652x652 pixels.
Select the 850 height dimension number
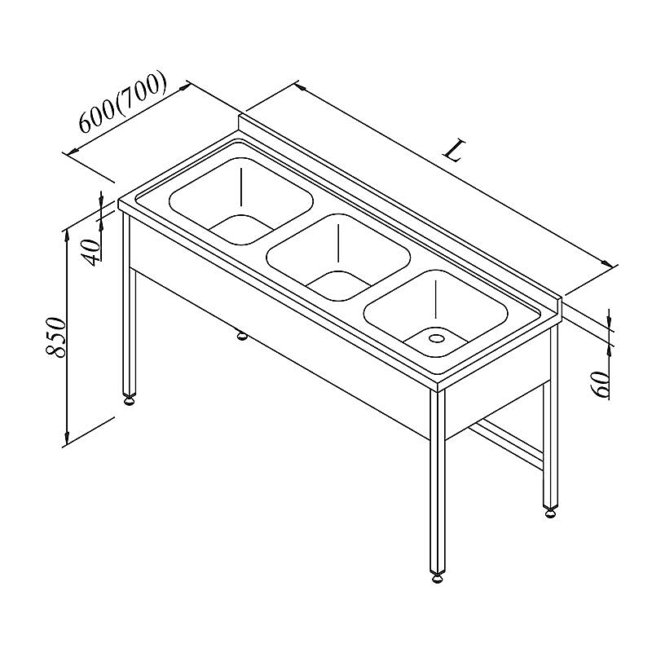pyautogui.click(x=55, y=337)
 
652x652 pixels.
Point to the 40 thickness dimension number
pyautogui.click(x=91, y=253)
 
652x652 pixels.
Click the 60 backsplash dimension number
pyautogui.click(x=599, y=384)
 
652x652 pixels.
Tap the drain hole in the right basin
pyautogui.click(x=436, y=338)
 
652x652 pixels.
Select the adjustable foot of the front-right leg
pyautogui.click(x=437, y=577)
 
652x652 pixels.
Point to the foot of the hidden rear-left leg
pyautogui.click(x=241, y=335)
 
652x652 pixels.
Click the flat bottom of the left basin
pyautogui.click(x=241, y=227)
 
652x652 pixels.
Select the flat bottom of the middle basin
pyautogui.click(x=339, y=284)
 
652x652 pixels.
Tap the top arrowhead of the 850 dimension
pyautogui.click(x=67, y=234)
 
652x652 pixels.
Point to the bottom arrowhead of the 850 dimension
pyautogui.click(x=67, y=438)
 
